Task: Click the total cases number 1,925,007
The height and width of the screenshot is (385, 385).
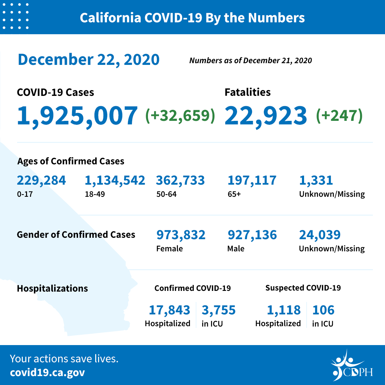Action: [x=77, y=115]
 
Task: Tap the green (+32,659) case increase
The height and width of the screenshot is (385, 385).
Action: [x=180, y=115]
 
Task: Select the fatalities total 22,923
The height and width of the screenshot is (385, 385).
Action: [x=266, y=115]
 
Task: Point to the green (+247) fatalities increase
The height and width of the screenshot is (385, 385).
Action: [x=339, y=115]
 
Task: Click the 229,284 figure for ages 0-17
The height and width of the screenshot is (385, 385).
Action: [x=41, y=180]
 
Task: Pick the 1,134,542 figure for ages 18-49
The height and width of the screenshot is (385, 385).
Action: [x=115, y=180]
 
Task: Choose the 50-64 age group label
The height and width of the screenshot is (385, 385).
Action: [x=166, y=194]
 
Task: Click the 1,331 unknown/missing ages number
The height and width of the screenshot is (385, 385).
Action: [x=316, y=180]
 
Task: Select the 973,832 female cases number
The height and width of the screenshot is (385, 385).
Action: [x=181, y=235]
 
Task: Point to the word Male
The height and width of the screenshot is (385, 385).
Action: [x=236, y=248]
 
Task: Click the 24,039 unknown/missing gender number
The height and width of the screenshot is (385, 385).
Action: [x=320, y=235]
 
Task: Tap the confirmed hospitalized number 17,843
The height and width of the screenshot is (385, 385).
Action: [x=169, y=310]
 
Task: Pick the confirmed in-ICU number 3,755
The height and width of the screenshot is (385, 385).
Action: [x=219, y=310]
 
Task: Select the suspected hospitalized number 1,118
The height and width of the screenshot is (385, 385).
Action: [x=283, y=310]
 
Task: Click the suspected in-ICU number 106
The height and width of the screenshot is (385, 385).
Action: [x=323, y=310]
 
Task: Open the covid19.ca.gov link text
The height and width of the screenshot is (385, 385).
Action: [x=47, y=373]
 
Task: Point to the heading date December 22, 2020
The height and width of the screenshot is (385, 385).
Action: [x=88, y=60]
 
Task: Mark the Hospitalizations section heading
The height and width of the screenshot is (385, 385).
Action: [x=52, y=288]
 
